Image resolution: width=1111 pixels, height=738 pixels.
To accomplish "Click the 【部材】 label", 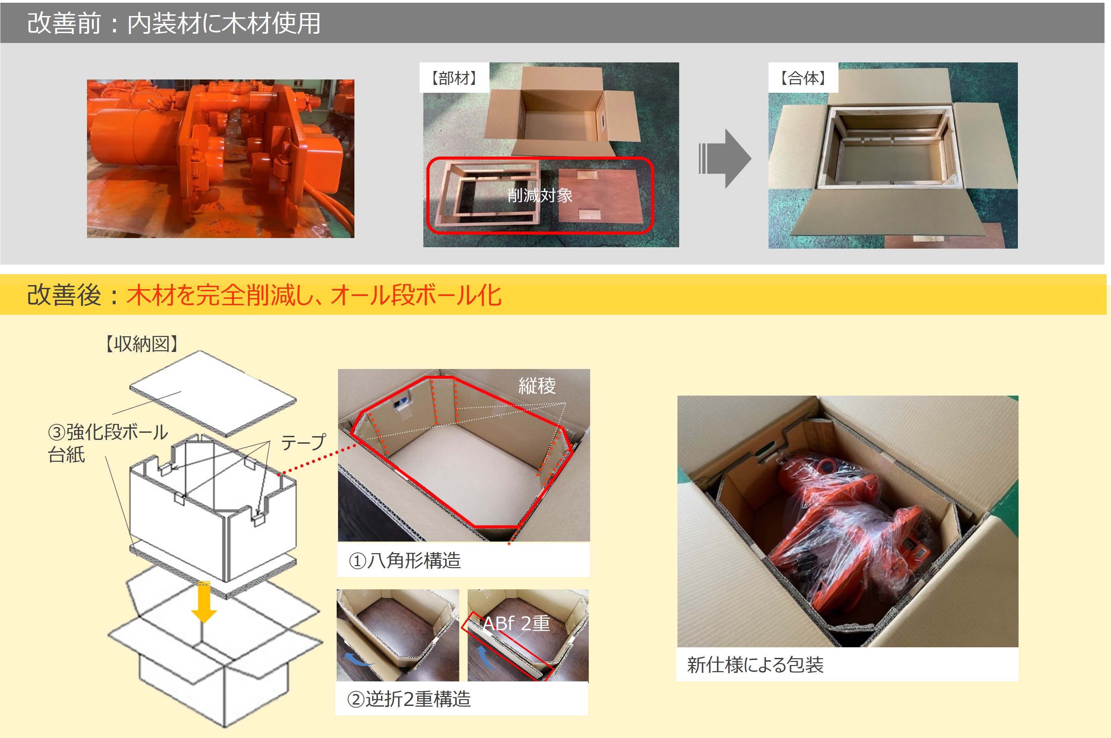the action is (x=454, y=78).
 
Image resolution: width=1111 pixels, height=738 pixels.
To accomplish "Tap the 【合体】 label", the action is (x=803, y=78).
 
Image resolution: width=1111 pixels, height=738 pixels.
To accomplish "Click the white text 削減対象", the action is (x=540, y=195).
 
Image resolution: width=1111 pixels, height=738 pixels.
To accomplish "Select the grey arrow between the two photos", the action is (x=725, y=159).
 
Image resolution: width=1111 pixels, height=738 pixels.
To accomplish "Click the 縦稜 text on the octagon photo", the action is (x=537, y=386).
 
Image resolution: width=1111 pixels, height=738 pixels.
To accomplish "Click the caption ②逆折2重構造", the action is (x=409, y=699).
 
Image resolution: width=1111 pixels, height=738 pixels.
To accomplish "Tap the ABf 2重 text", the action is (x=516, y=624).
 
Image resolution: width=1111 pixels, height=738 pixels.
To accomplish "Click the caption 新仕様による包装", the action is (x=755, y=665).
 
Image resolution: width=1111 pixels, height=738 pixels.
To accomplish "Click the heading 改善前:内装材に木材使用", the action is (x=174, y=23).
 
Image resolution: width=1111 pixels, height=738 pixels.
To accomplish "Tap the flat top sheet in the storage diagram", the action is (x=213, y=394).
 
